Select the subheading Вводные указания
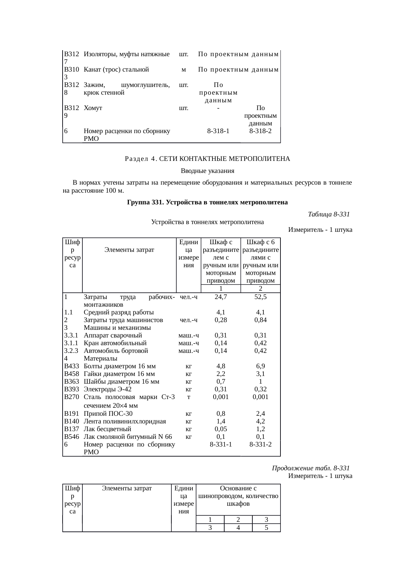(x=207, y=171)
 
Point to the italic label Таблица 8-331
(x=328, y=214)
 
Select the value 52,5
(x=260, y=297)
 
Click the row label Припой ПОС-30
(x=108, y=413)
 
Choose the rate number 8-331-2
(x=260, y=445)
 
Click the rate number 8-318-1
(x=218, y=131)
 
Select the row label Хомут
(x=93, y=108)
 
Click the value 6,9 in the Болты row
(x=260, y=366)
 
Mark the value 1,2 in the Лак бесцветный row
(x=260, y=429)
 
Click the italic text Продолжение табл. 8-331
(x=311, y=468)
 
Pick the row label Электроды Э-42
(x=107, y=389)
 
